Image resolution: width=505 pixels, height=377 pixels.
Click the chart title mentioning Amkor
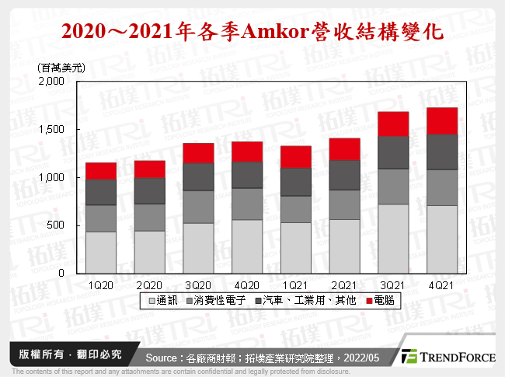[x=252, y=32]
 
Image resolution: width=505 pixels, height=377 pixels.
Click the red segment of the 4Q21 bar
[x=442, y=120]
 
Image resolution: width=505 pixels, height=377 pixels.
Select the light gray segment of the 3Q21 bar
[x=393, y=239]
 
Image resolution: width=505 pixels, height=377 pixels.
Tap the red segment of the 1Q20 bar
[x=100, y=170]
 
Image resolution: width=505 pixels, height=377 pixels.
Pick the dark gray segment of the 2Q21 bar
[x=344, y=175]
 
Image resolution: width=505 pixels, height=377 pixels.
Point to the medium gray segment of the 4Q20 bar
[x=246, y=204]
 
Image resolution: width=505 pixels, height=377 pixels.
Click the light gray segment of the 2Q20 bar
[x=149, y=252]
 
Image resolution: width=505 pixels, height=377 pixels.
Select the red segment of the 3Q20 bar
[x=198, y=153]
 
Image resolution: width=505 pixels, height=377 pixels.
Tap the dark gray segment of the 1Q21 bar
[x=295, y=182]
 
